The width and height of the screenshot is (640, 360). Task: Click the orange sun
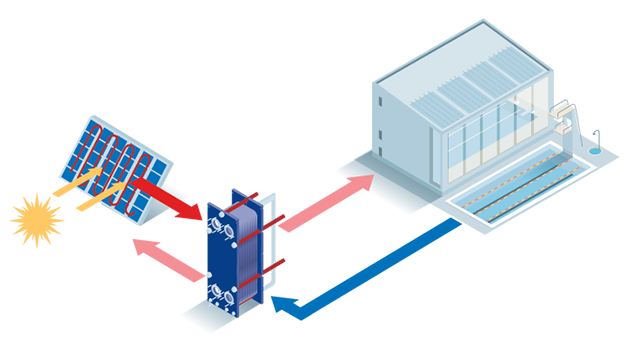tap(36, 218)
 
